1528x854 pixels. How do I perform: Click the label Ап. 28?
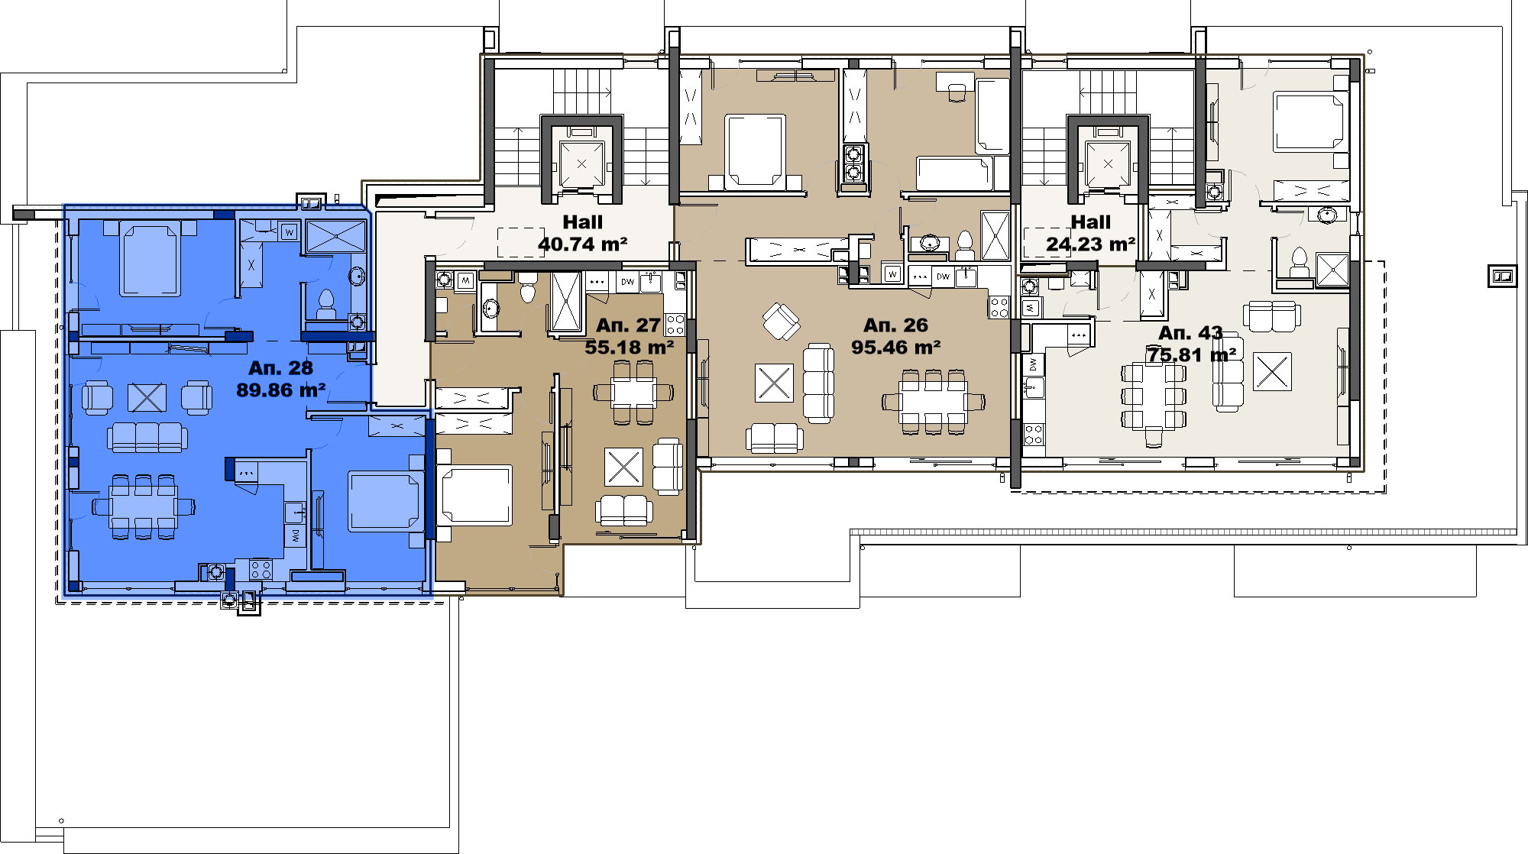280,368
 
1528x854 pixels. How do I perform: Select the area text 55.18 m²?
630,348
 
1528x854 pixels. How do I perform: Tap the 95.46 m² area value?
896,348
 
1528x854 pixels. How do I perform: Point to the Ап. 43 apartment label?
1190,333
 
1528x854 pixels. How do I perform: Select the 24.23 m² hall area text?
1090,244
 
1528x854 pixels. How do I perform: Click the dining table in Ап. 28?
144,506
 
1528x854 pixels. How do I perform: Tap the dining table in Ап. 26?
933,402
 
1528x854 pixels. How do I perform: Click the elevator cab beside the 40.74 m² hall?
581,163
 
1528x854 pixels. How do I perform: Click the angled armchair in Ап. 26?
781,321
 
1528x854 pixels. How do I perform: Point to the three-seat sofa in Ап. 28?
147,437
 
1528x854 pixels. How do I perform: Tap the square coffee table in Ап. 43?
1272,371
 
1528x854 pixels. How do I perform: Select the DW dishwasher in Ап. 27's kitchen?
627,282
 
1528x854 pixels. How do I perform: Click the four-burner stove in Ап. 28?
261,569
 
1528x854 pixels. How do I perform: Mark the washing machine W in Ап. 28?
289,231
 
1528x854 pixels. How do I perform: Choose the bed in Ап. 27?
474,496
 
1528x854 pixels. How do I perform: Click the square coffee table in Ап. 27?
623,467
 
